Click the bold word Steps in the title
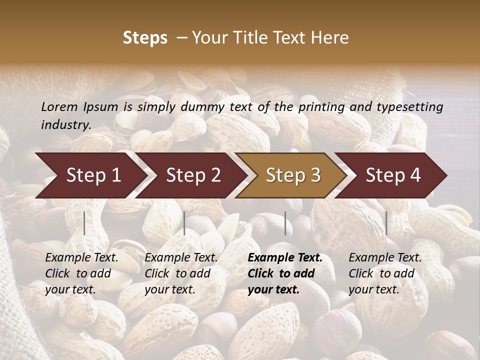pos(145,38)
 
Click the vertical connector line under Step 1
pos(84,223)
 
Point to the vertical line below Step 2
pos(184,223)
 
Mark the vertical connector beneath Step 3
pos(285,223)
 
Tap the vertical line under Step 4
pos(386,223)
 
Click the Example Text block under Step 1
pos(81,273)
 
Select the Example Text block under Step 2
pos(181,273)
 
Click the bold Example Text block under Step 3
pos(285,273)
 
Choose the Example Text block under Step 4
pos(385,273)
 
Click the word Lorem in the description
pos(59,107)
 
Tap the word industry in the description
pos(65,125)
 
